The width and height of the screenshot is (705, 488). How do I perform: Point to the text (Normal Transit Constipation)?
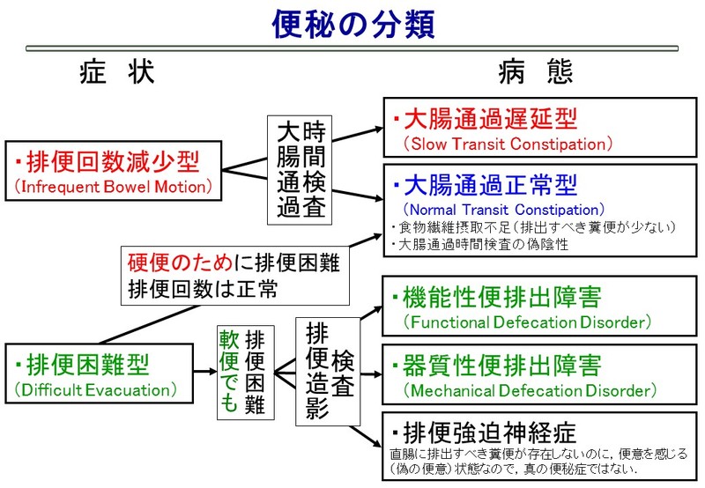[503, 210]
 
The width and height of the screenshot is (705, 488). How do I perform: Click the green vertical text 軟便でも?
[229, 370]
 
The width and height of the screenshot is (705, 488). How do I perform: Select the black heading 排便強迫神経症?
[484, 433]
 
